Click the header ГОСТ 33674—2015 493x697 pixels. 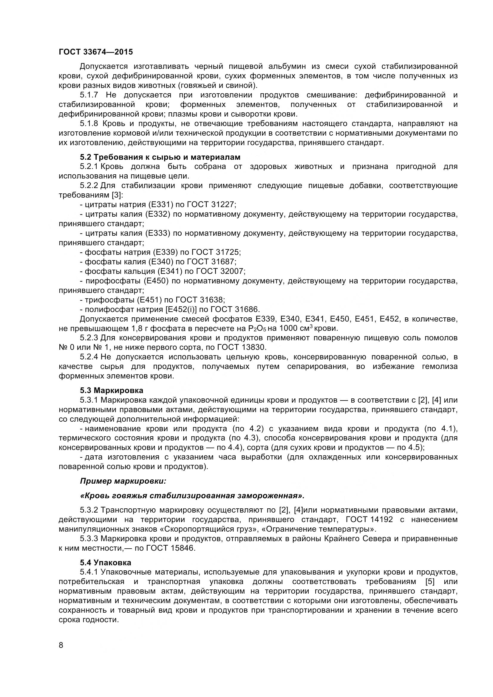(96, 52)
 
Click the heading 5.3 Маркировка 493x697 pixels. (112, 390)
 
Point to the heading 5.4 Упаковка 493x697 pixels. (105, 563)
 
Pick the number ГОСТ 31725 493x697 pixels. (215, 252)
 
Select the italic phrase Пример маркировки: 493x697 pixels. (123, 481)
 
